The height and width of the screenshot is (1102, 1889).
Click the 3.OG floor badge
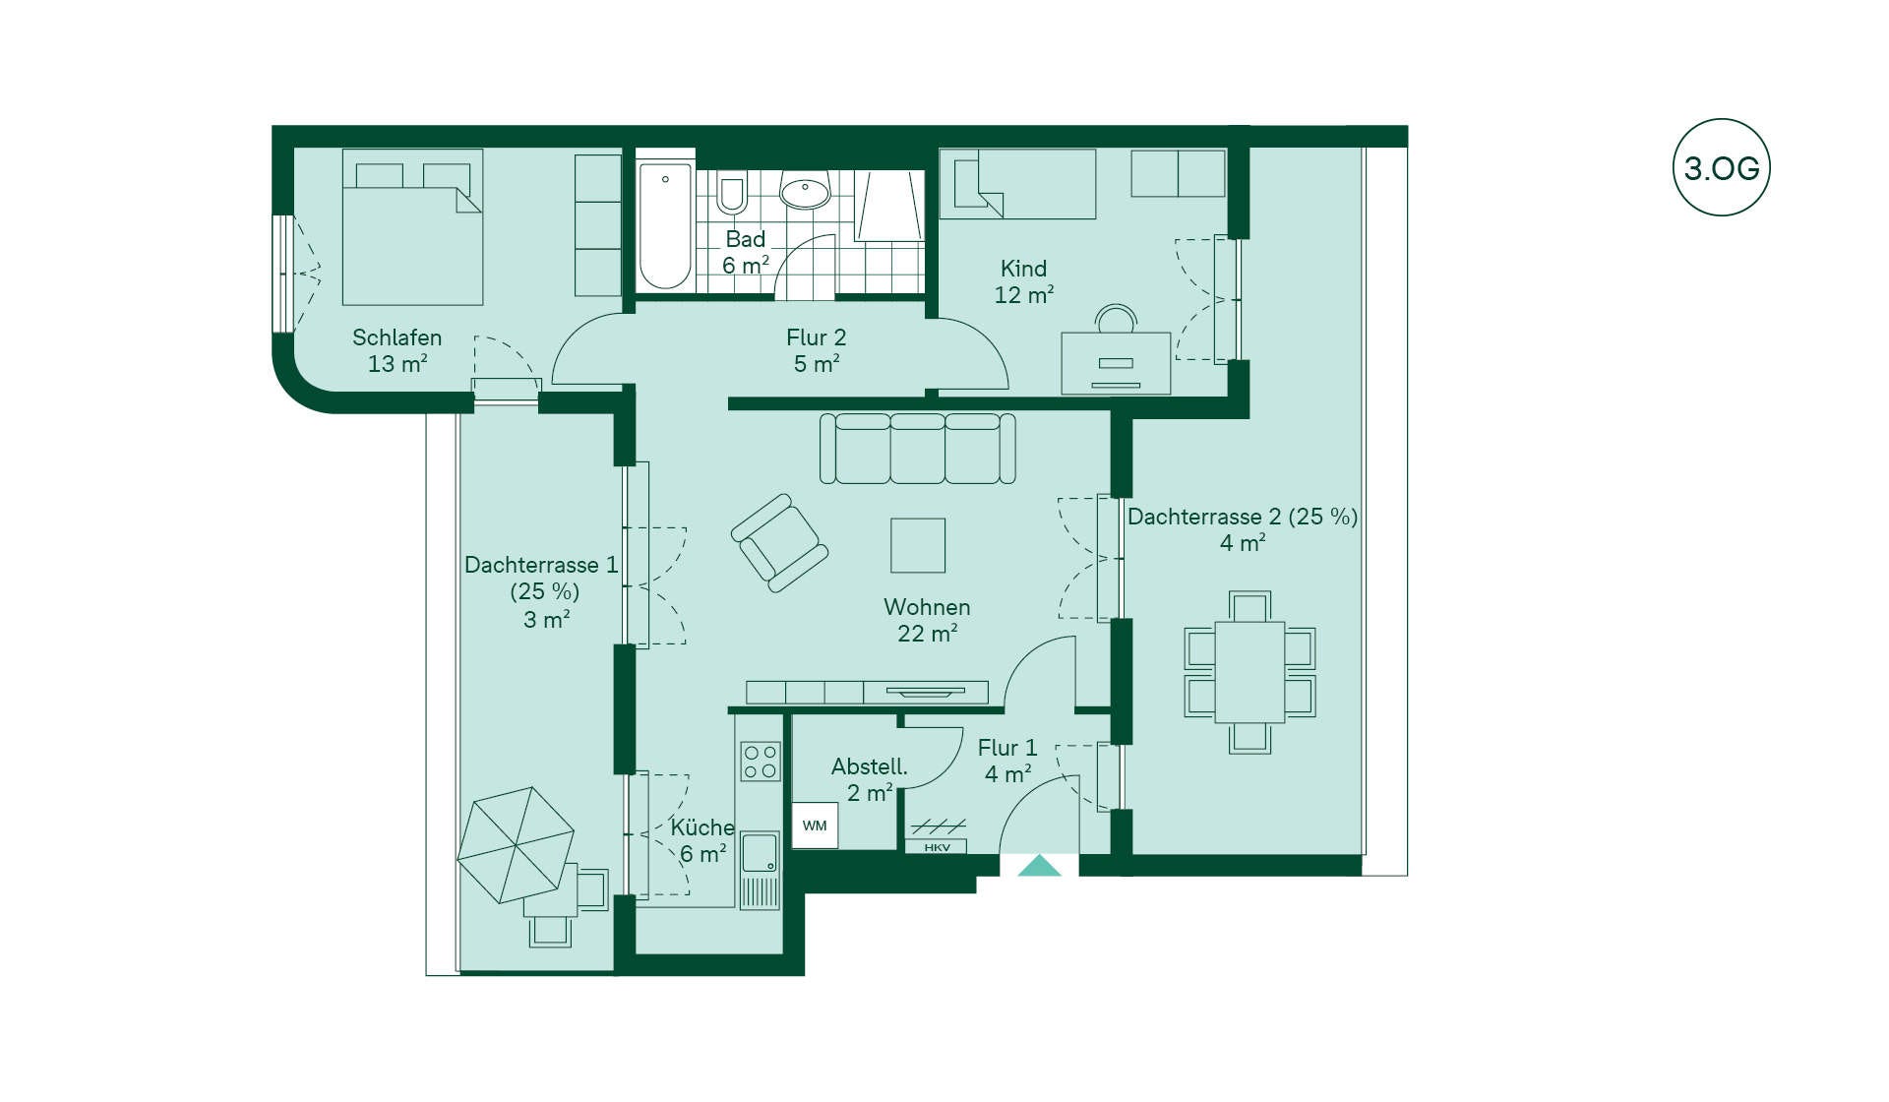[x=1721, y=167]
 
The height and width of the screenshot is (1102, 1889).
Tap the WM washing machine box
[x=815, y=826]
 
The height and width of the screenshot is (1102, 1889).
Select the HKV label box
[x=937, y=847]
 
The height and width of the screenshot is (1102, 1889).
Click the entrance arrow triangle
[x=1039, y=866]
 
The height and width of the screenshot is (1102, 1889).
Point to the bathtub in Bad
[x=665, y=225]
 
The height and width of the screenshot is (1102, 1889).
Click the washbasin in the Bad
[x=805, y=191]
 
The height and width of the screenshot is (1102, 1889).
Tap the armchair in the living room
[x=779, y=543]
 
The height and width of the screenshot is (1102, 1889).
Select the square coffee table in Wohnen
[x=918, y=545]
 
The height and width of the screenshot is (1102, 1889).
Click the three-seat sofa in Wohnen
[x=918, y=449]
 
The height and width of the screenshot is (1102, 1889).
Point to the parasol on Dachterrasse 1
[x=516, y=845]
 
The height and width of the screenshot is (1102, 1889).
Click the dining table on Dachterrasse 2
[x=1249, y=672]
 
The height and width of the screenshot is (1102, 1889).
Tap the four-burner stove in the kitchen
[x=761, y=762]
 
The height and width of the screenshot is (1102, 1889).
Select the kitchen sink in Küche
[x=760, y=852]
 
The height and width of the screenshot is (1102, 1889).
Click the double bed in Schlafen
[x=412, y=227]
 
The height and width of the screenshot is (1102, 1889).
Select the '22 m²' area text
[x=927, y=633]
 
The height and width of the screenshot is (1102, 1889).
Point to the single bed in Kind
[x=1018, y=184]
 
